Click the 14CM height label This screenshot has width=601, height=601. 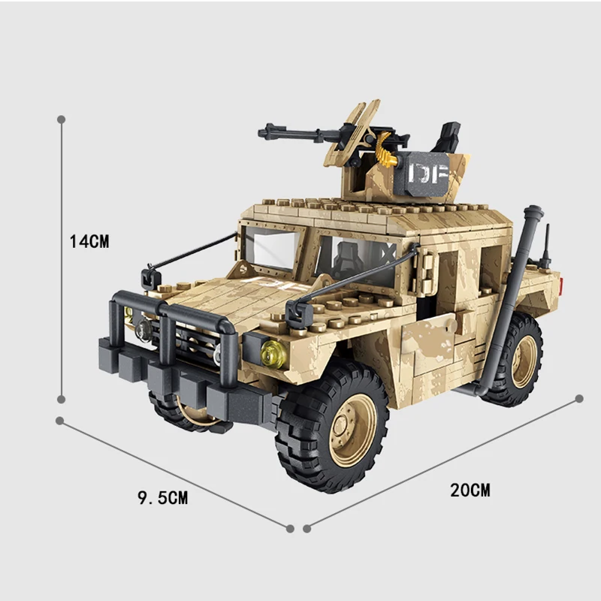point(89,242)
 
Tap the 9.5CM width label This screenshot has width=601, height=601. point(162,497)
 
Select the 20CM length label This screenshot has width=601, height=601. point(470,491)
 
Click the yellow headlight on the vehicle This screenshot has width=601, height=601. point(274,352)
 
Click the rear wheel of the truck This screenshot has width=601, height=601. point(519,358)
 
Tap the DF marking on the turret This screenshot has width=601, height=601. point(427,174)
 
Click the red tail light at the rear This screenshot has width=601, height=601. point(560,285)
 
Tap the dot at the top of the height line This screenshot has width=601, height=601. point(61,119)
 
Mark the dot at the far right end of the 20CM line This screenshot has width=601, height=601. point(579,398)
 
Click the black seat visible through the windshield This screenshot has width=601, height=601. point(346,260)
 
